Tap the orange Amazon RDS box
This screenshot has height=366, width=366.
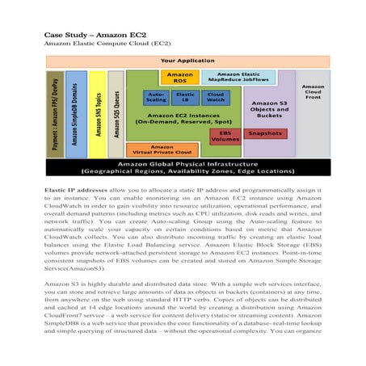[x=179, y=78]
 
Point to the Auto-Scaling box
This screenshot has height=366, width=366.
[x=157, y=98]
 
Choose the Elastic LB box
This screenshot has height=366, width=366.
[x=185, y=98]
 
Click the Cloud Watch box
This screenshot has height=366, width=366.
[x=215, y=98]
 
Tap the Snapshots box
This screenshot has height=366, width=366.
[x=264, y=133]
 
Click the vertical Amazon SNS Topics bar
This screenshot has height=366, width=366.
[x=95, y=113]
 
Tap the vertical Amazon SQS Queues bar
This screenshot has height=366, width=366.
[x=116, y=113]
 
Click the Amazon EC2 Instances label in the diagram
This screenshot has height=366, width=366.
[x=184, y=118]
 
